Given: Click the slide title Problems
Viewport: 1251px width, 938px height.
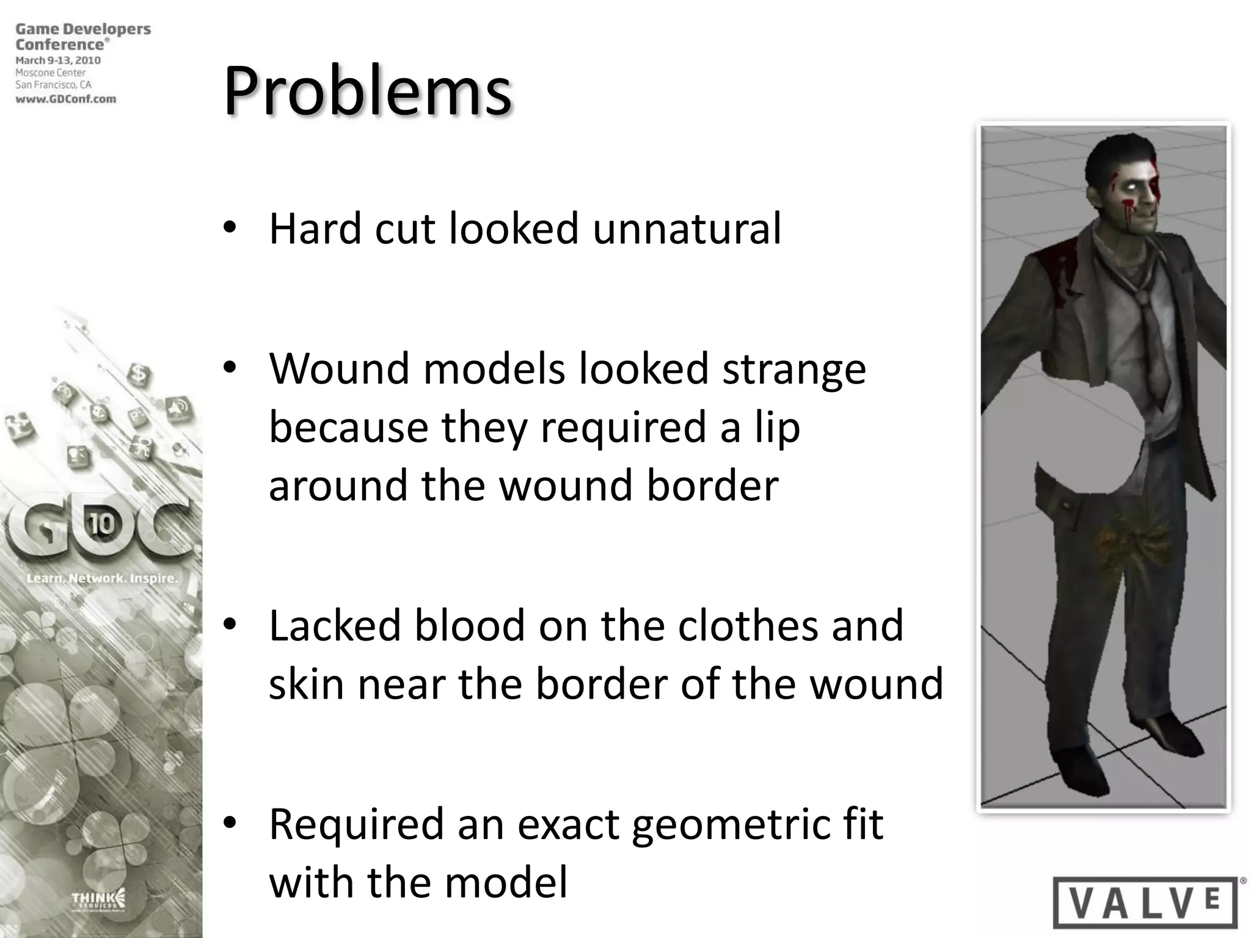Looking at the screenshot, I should tap(367, 92).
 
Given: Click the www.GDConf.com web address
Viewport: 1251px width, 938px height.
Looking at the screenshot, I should tap(65, 99).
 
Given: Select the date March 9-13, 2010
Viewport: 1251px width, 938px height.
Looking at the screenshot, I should tap(58, 60).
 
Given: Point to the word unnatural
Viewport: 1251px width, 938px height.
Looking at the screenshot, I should tap(687, 228).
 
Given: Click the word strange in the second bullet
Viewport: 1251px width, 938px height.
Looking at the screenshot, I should tap(794, 369).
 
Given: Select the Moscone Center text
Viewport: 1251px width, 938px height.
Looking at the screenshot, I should tap(51, 73).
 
